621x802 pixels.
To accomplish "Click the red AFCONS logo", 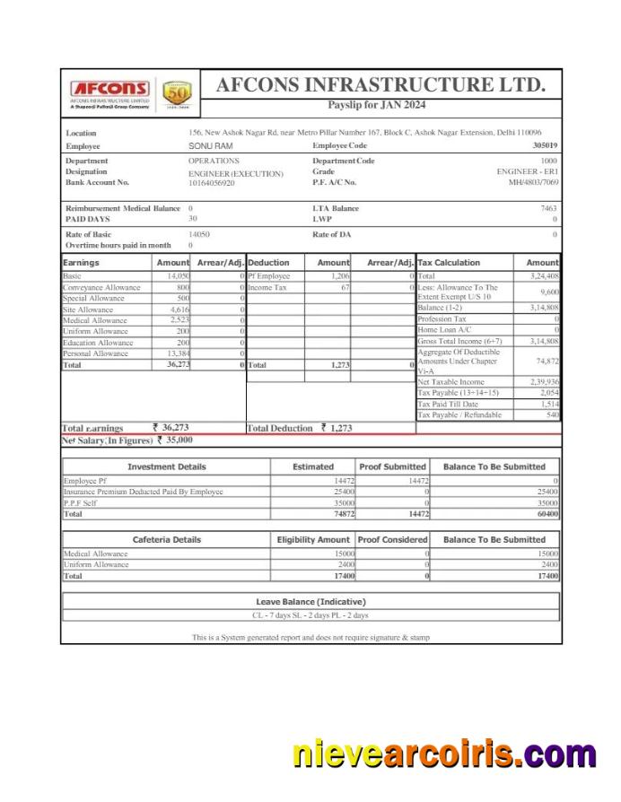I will coord(109,90).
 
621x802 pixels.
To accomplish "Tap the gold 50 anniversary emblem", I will coord(177,93).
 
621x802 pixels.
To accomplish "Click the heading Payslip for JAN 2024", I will coord(376,105).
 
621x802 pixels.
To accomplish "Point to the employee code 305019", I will coord(544,145).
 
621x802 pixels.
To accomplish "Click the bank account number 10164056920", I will coord(212,183).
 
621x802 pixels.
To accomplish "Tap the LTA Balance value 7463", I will coord(548,208).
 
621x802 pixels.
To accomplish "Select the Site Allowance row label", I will coord(88,309).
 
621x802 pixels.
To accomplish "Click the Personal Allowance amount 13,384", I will coord(177,353).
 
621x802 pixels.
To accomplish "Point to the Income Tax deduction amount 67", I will coord(345,288).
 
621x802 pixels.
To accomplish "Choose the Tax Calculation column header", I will coord(449,263).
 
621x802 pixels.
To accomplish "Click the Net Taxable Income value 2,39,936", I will coord(542,382).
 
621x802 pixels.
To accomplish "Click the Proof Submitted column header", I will coord(392,466).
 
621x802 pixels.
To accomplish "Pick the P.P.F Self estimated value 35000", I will coord(344,503).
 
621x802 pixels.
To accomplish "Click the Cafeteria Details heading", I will coord(167,540).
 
